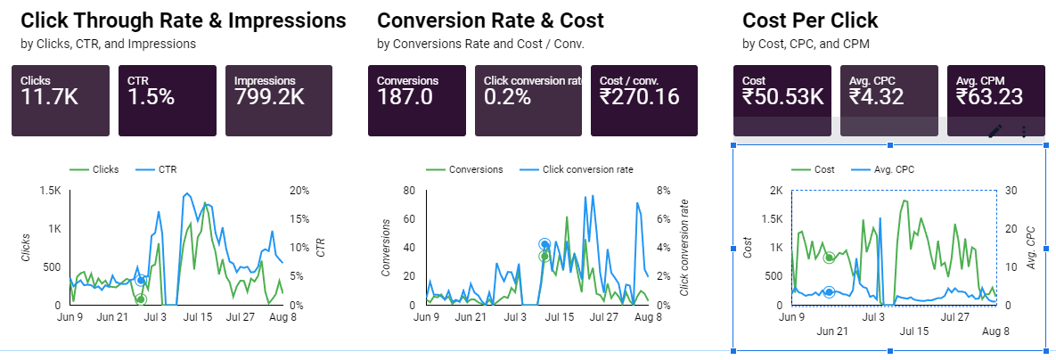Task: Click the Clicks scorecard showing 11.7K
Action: tap(61, 100)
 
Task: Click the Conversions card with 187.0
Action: tap(417, 100)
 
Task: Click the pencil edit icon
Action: tap(995, 131)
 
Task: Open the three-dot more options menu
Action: tap(1024, 131)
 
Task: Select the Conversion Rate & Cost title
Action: tap(490, 20)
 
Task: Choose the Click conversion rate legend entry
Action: tap(586, 169)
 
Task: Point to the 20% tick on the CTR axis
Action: tap(299, 191)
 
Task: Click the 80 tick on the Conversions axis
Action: tap(411, 191)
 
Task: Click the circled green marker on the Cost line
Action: tap(830, 258)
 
